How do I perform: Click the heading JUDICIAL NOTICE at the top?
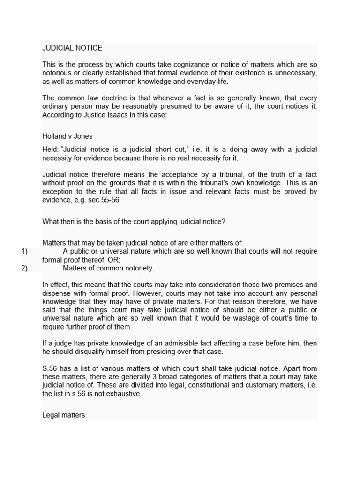(72, 48)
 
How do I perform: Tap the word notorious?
(58, 73)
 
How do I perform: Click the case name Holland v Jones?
(67, 136)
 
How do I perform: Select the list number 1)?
(24, 251)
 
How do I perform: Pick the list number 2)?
(24, 268)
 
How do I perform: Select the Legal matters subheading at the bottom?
(63, 415)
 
